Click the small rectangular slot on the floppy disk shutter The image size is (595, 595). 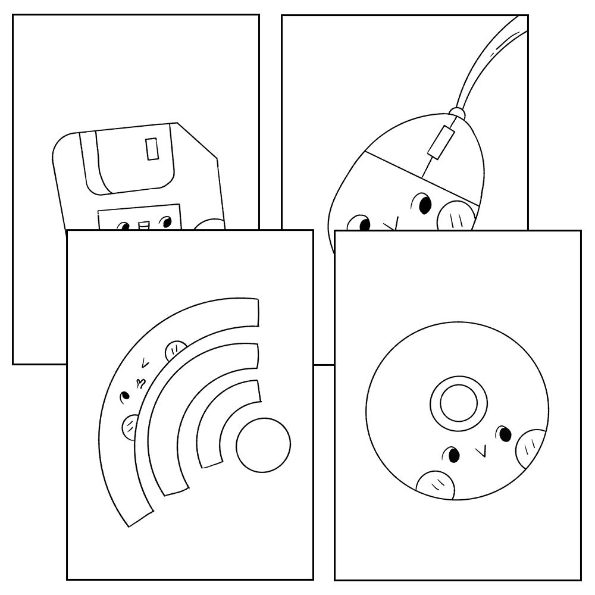[152, 148]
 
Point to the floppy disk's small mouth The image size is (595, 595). [143, 226]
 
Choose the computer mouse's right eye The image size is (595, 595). [424, 204]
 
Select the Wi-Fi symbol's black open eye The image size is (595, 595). [126, 395]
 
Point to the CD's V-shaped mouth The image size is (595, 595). [483, 451]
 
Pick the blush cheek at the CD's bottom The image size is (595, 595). [437, 485]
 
